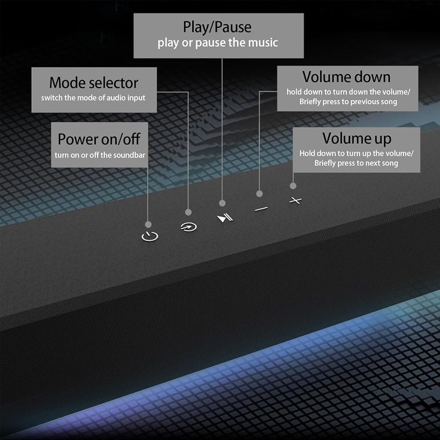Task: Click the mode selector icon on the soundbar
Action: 189,227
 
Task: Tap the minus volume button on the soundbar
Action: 261,209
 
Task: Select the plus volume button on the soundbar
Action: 296,200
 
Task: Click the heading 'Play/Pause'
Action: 217,27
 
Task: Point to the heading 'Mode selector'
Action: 94,83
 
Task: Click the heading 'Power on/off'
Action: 99,139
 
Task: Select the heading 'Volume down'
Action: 346,77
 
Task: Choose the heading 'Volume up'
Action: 357,139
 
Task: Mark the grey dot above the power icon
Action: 148,224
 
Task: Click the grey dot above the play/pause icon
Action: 222,203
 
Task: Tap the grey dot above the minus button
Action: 260,194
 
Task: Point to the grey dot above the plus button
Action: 293,186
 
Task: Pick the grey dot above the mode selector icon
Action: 188,212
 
